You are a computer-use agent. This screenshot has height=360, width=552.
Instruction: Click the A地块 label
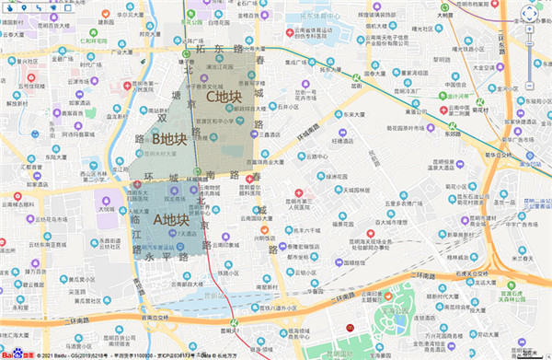(170, 220)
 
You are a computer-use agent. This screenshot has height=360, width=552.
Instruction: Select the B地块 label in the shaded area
(169, 139)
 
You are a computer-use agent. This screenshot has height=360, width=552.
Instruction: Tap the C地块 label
(223, 96)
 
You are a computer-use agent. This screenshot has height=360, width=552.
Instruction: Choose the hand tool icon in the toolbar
(9, 7)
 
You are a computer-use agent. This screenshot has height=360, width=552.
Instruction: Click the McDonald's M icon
(349, 327)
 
